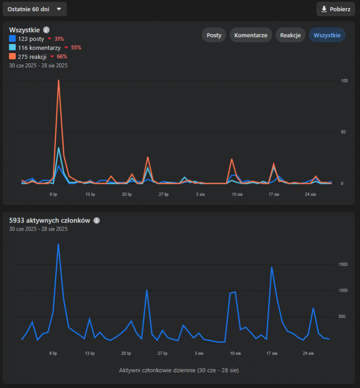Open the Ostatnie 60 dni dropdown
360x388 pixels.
click(34, 9)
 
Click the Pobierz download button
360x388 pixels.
click(336, 9)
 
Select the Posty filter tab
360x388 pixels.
click(214, 35)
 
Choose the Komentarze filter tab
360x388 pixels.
click(251, 35)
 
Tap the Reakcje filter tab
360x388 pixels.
click(290, 35)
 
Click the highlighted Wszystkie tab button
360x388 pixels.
click(327, 35)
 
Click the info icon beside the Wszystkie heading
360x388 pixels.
click(46, 30)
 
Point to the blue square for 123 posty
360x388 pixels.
click(12, 39)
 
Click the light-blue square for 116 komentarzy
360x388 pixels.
click(12, 48)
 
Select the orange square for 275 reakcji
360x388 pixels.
click(12, 57)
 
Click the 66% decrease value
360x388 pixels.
click(62, 57)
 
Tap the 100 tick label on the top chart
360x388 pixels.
click(345, 81)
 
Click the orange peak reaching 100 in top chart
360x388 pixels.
click(58, 81)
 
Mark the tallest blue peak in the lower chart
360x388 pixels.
click(58, 245)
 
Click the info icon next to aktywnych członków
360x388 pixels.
click(97, 221)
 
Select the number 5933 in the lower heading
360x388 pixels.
click(18, 221)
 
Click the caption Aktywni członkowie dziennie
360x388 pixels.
click(179, 370)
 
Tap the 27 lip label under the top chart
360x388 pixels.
click(163, 195)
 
